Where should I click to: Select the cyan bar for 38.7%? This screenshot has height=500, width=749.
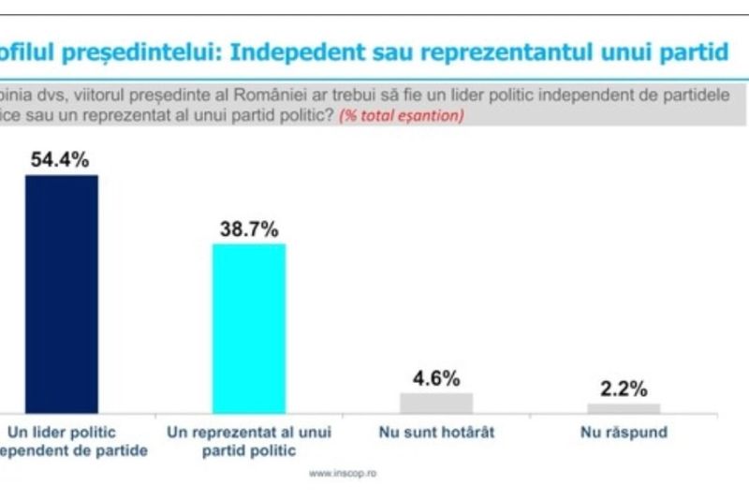point(248,328)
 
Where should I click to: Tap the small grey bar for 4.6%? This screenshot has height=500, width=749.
point(436,403)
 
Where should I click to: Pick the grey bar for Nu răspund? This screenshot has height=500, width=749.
point(624,407)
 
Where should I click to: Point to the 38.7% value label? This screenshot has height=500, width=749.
point(249,228)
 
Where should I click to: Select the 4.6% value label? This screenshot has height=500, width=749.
point(436,378)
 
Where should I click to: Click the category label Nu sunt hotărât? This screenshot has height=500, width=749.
point(436,433)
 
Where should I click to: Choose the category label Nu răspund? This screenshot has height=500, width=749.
point(624,433)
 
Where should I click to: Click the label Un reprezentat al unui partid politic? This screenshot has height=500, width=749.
point(248,441)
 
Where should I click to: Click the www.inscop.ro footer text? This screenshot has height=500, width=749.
point(343,473)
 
